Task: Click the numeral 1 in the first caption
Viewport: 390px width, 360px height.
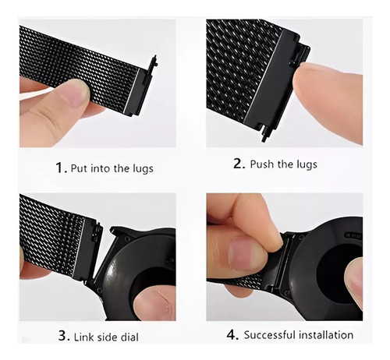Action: pyautogui.click(x=59, y=168)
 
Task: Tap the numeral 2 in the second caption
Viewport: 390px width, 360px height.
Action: pyautogui.click(x=238, y=164)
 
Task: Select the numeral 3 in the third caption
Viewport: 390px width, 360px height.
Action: pyautogui.click(x=62, y=335)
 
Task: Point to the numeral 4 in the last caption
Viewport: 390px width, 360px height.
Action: pyautogui.click(x=231, y=334)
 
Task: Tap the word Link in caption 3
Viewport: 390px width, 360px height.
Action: pyautogui.click(x=83, y=337)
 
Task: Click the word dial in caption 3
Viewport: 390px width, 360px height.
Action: pyautogui.click(x=129, y=337)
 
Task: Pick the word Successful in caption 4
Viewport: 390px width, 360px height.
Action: pyautogui.click(x=269, y=335)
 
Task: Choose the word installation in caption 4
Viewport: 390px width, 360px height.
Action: pyautogui.click(x=325, y=335)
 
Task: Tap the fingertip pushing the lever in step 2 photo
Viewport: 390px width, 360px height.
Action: pyautogui.click(x=303, y=76)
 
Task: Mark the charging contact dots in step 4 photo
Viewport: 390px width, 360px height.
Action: pyautogui.click(x=353, y=236)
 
